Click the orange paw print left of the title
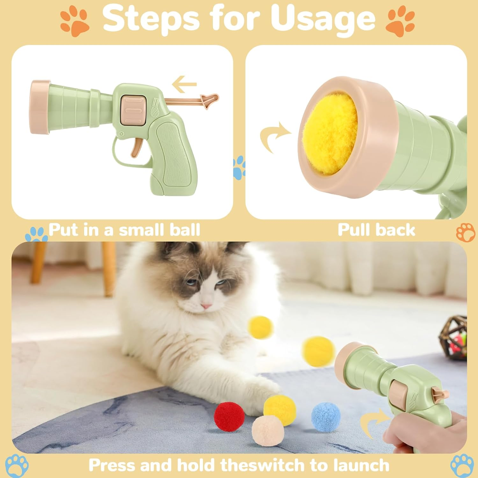[75, 22]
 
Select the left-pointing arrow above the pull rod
[184, 85]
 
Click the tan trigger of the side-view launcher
[136, 148]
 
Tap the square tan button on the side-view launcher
[134, 110]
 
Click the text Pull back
[376, 230]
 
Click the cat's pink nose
[206, 306]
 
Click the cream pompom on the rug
[268, 431]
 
